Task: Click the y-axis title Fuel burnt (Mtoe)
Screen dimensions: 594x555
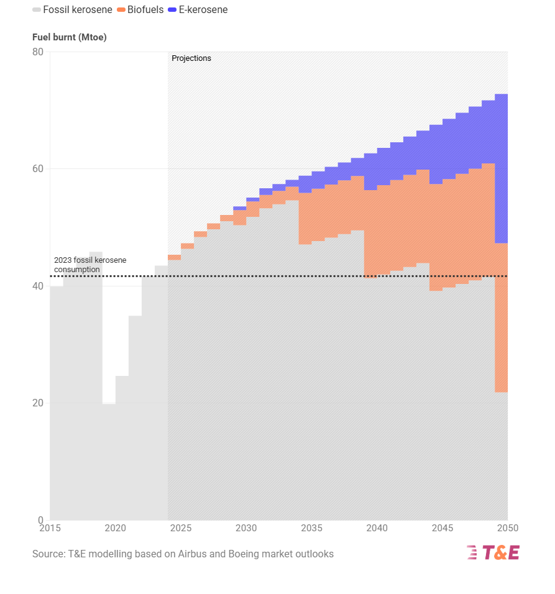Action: click(70, 37)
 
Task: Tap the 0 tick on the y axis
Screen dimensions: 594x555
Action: click(40, 520)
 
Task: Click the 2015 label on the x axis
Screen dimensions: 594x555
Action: click(50, 528)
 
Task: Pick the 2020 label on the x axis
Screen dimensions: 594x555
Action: click(115, 528)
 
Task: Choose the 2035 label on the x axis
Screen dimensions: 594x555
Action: click(311, 528)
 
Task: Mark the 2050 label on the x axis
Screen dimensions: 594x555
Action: click(507, 528)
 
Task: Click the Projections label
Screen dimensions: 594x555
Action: click(191, 58)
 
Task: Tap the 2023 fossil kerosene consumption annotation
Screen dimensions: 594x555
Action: click(89, 265)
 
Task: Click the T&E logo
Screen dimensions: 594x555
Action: click(493, 552)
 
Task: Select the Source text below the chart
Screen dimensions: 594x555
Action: click(183, 554)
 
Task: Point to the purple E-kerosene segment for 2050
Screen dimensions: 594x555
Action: click(502, 168)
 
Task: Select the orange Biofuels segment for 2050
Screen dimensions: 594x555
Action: click(502, 317)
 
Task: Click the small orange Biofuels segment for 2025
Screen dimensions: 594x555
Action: click(174, 257)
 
